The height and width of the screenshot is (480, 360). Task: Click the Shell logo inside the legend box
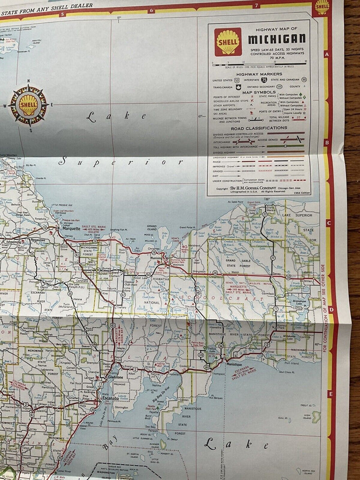pyautogui.click(x=228, y=42)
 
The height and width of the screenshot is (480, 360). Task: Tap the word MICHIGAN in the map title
pyautogui.click(x=277, y=39)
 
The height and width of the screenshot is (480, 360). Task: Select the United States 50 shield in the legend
pyautogui.click(x=237, y=80)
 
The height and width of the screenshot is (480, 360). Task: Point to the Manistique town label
pyautogui.click(x=234, y=363)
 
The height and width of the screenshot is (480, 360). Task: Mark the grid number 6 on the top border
pyautogui.click(x=152, y=10)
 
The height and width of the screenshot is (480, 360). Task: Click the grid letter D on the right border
pyautogui.click(x=330, y=310)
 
